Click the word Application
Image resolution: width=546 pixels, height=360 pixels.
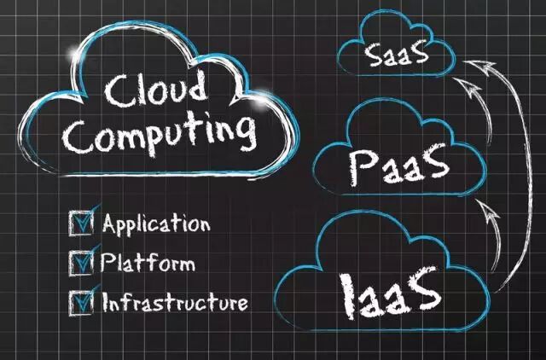click(155, 225)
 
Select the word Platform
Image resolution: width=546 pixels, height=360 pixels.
click(147, 262)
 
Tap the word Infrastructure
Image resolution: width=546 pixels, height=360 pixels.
click(175, 302)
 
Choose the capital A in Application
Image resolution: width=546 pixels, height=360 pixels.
click(110, 224)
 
